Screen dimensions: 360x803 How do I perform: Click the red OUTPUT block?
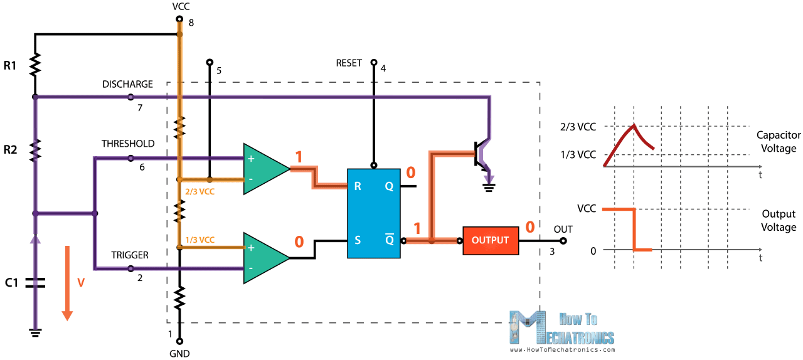click(491, 240)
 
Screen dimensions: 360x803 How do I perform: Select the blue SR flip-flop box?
click(374, 213)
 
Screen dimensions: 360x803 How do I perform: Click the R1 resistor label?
click(10, 65)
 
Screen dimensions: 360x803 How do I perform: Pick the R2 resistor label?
click(10, 149)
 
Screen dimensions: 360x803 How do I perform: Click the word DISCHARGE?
click(127, 85)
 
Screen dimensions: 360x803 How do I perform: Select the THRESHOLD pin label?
click(128, 144)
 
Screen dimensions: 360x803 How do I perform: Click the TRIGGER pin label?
click(130, 255)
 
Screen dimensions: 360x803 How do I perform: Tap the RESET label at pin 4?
click(349, 63)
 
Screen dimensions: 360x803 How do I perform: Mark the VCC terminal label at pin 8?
click(180, 7)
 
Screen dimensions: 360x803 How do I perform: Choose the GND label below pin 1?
click(179, 353)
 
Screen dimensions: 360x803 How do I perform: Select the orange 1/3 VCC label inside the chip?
click(199, 240)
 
